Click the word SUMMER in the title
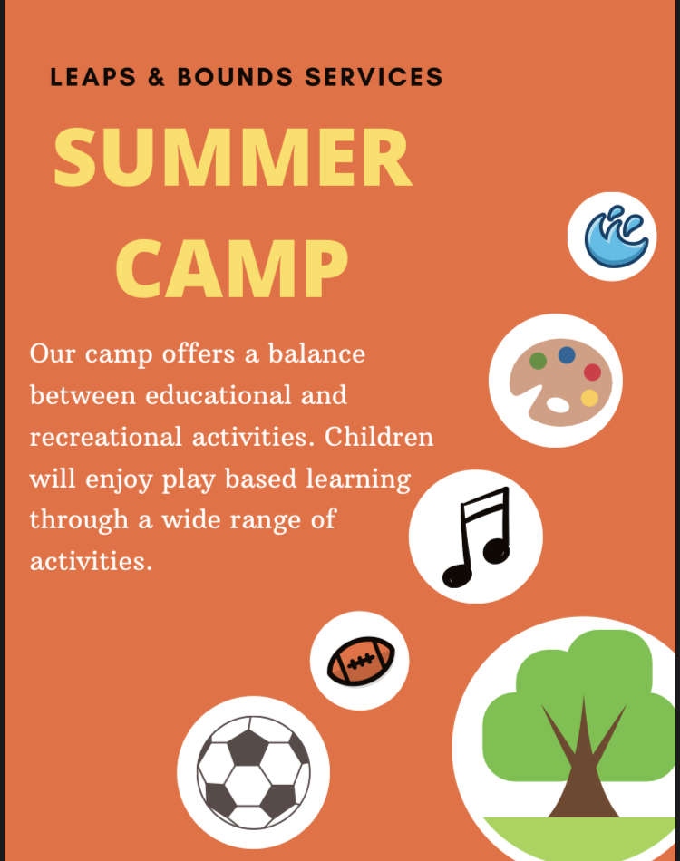click(x=232, y=158)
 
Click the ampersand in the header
click(x=156, y=78)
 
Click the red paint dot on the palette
click(x=592, y=372)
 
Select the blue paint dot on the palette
click(x=567, y=355)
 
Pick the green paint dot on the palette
click(x=538, y=362)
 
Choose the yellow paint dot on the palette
click(x=589, y=398)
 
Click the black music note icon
click(x=477, y=537)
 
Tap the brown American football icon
click(x=361, y=662)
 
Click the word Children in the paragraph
click(x=379, y=437)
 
